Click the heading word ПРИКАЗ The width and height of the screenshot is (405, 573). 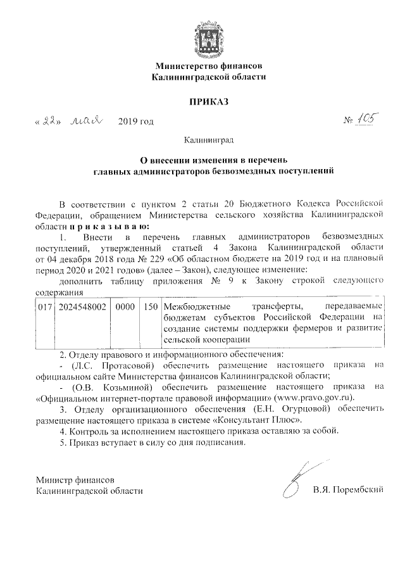tap(208, 101)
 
